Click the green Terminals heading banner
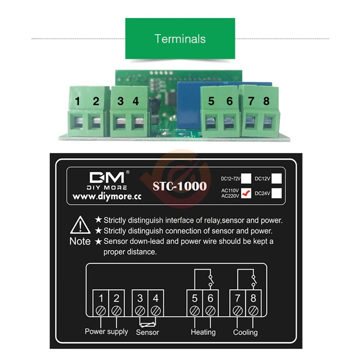click(x=180, y=39)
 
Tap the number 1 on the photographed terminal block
click(x=78, y=102)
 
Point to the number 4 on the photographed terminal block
click(x=136, y=102)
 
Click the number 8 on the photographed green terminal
click(x=266, y=102)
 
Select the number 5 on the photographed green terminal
click(x=211, y=102)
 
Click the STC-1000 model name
click(x=180, y=186)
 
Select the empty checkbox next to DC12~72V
click(x=246, y=178)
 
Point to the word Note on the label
click(x=80, y=241)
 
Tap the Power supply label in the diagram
click(x=106, y=332)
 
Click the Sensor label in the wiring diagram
click(x=147, y=332)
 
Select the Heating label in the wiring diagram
click(x=203, y=332)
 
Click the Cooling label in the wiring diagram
click(x=245, y=332)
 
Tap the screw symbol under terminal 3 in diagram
click(x=140, y=310)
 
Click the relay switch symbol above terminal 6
click(x=210, y=281)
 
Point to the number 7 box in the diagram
click(x=238, y=298)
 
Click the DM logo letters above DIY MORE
click(x=108, y=177)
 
